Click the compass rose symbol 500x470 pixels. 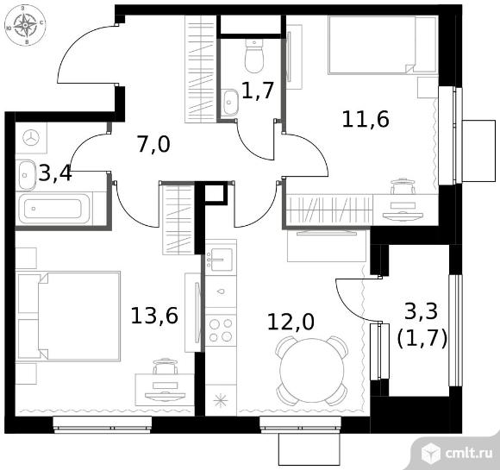point(25,24)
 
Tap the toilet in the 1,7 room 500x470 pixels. point(254,56)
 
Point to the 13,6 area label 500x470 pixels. point(154,315)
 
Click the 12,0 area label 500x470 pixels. point(291,321)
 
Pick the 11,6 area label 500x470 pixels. point(366,119)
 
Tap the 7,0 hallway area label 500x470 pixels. point(153,144)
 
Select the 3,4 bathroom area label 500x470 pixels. point(55,174)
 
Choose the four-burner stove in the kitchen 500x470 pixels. point(221,330)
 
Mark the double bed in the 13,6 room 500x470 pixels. point(68,316)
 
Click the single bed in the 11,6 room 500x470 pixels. point(383,45)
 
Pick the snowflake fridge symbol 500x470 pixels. point(221,400)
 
